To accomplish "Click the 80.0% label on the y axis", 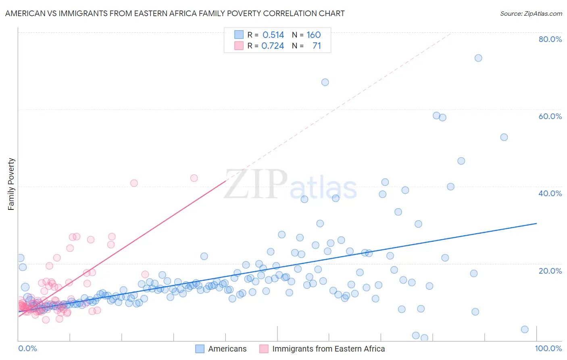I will click(x=550, y=39).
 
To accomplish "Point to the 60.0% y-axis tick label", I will click(x=550, y=116).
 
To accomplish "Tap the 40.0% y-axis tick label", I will click(x=550, y=193).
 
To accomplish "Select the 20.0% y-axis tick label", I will click(x=550, y=271).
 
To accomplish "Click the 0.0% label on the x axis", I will click(x=27, y=348).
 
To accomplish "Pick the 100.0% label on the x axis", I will click(x=548, y=348).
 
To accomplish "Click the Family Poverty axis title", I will click(x=11, y=184).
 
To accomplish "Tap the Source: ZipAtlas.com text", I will click(x=531, y=13).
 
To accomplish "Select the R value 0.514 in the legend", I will click(x=273, y=35).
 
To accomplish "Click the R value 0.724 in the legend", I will click(x=273, y=46).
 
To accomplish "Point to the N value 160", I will click(x=313, y=35).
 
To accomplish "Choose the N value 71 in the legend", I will click(x=317, y=46).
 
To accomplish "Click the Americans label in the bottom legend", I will click(x=227, y=349).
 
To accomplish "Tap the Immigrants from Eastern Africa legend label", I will click(x=328, y=349).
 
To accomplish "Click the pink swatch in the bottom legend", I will click(x=264, y=349).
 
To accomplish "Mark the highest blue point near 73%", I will click(x=478, y=58).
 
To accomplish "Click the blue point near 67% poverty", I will click(x=325, y=82).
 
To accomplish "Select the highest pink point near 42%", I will click(x=194, y=178).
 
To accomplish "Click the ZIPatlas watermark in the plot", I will click(x=290, y=185).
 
